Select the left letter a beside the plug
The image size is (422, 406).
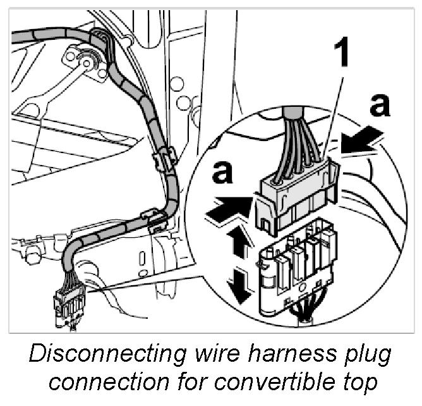point(222,173)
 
